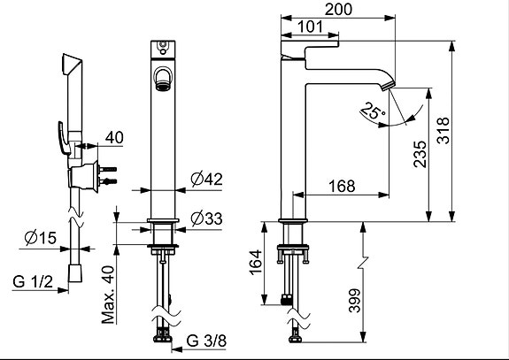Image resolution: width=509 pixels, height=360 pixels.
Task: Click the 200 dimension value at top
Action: click(x=338, y=9)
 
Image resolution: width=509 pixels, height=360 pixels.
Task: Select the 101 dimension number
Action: click(x=311, y=27)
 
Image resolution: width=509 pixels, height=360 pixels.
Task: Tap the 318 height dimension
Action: click(x=443, y=130)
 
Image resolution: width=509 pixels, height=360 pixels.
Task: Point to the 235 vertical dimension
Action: click(x=420, y=154)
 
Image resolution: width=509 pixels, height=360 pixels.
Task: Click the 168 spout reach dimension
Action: click(x=342, y=186)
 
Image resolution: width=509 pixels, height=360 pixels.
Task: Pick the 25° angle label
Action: click(x=373, y=111)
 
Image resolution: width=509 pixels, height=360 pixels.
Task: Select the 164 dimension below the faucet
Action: click(x=256, y=262)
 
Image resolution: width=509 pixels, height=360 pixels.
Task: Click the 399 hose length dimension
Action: click(x=354, y=301)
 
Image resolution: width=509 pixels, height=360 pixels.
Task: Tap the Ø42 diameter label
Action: click(x=207, y=179)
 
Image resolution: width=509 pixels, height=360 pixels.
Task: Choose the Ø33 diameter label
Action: click(x=207, y=218)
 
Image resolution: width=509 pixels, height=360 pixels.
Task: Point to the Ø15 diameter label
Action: click(x=41, y=238)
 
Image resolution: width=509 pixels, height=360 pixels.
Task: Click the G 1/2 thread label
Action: click(x=33, y=281)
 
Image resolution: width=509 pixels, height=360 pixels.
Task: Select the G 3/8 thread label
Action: click(x=206, y=341)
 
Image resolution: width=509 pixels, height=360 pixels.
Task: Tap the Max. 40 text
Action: click(x=108, y=295)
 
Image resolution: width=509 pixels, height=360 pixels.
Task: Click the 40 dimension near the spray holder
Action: click(x=114, y=137)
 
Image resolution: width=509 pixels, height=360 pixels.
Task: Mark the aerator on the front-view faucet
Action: click(x=162, y=87)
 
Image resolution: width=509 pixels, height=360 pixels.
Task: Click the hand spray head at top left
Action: click(x=72, y=64)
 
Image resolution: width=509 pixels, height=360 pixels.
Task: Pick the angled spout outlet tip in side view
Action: click(x=388, y=85)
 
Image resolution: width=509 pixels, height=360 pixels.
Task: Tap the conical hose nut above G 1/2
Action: click(x=75, y=273)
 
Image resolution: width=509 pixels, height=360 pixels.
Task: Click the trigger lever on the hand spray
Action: click(x=64, y=137)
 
